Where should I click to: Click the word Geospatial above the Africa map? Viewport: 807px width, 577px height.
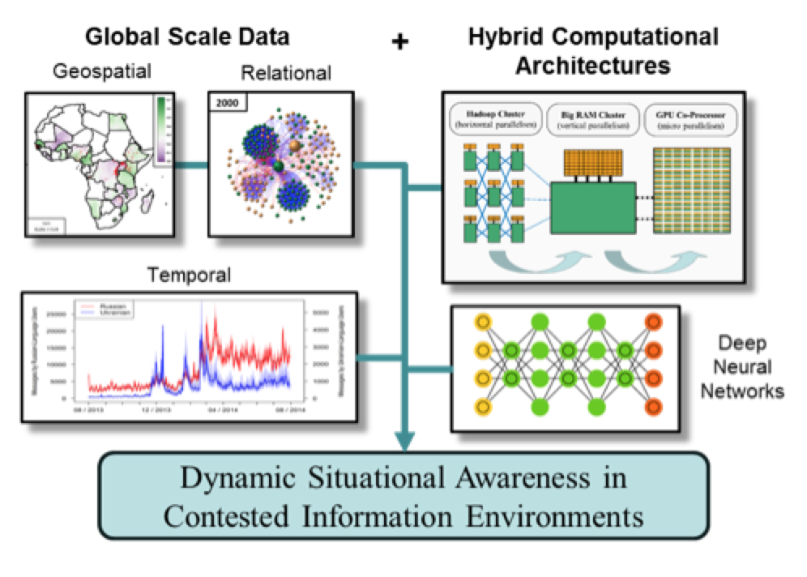click(x=103, y=71)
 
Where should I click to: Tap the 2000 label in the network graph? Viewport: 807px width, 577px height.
click(x=224, y=101)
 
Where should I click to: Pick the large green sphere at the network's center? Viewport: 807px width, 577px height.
click(x=278, y=166)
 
